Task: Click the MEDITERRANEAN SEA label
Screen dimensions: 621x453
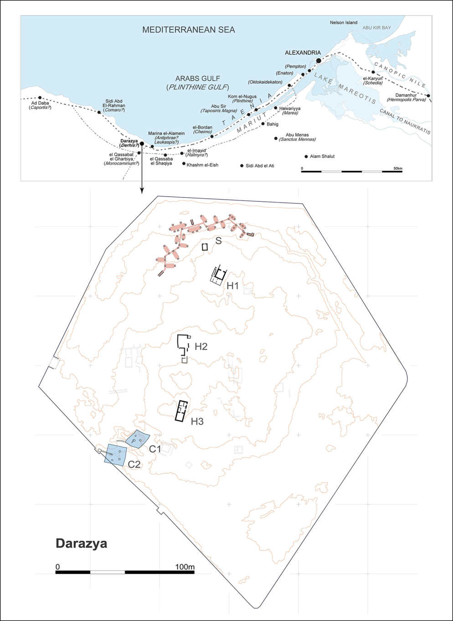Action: coord(189,30)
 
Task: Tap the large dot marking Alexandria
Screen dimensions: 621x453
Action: coord(319,61)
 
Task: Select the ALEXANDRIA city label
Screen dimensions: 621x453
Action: coord(303,53)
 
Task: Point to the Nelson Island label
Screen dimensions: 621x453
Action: coord(344,22)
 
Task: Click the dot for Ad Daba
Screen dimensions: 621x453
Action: coord(40,98)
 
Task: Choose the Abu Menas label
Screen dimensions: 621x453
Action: coord(297,135)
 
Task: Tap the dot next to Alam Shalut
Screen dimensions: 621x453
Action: coord(306,156)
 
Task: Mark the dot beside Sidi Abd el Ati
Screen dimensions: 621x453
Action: coord(242,166)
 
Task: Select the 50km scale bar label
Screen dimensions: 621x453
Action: coord(398,169)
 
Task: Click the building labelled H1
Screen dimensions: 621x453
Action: coord(218,275)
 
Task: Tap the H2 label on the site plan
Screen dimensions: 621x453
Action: coord(201,347)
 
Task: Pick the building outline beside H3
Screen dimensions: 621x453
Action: coord(182,411)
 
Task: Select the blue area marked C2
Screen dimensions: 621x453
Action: coord(116,455)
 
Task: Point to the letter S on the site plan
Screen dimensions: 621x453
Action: coord(218,241)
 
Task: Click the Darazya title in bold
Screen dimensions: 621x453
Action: coord(82,543)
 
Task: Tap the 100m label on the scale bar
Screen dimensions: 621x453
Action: coord(185,567)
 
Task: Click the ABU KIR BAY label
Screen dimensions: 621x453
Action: coord(376,28)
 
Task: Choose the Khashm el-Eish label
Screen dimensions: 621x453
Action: coord(202,165)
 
